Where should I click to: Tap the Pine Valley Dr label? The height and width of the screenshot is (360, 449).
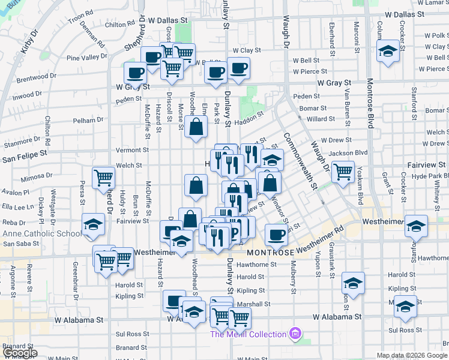[86, 57]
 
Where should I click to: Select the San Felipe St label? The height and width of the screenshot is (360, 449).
[25, 154]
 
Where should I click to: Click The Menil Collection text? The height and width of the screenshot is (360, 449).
[247, 334]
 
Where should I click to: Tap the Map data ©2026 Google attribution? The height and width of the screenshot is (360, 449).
[412, 355]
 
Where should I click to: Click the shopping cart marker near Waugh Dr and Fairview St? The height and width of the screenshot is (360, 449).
[343, 171]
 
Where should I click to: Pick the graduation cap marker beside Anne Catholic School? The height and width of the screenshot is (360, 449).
[93, 224]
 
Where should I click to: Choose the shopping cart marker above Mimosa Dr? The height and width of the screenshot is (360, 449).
[103, 177]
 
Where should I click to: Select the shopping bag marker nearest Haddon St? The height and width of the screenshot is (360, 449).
[196, 127]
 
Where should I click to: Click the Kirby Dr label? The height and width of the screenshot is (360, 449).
[29, 43]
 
